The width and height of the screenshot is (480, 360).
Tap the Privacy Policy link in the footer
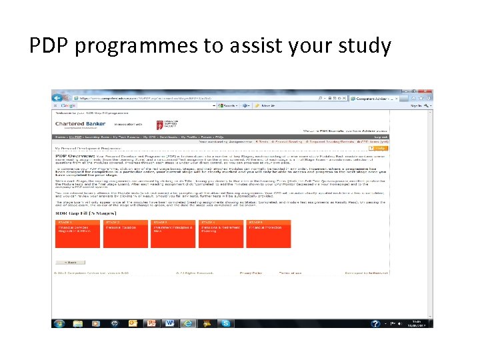[x=251, y=273]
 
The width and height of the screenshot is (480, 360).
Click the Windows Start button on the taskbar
[x=59, y=323]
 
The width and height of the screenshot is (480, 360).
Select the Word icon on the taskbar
[x=169, y=323]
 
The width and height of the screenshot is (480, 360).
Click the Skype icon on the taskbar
[x=227, y=323]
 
